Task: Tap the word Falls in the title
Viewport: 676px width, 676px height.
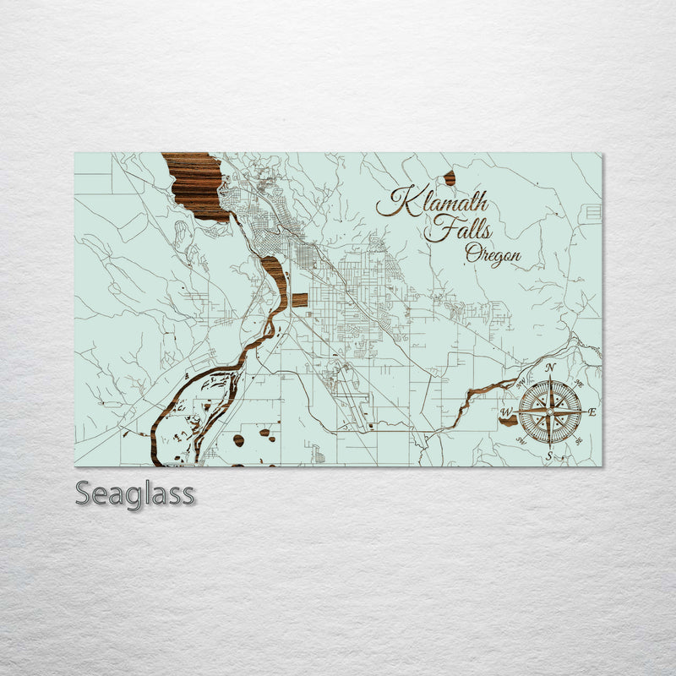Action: click(x=457, y=228)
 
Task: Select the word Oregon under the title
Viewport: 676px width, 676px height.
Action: click(x=492, y=253)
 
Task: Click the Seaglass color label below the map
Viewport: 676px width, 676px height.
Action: click(x=134, y=493)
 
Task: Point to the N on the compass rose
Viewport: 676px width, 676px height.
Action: click(x=550, y=368)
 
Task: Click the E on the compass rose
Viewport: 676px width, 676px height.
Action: click(x=591, y=412)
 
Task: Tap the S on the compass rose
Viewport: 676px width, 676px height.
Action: click(x=549, y=456)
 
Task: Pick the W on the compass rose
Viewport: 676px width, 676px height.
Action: click(x=506, y=412)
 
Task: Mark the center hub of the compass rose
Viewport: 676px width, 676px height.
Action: click(x=549, y=412)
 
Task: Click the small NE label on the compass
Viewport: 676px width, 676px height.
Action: click(x=578, y=383)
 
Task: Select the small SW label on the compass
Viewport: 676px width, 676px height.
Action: click(x=521, y=440)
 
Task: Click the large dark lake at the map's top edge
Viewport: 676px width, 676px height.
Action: click(x=197, y=182)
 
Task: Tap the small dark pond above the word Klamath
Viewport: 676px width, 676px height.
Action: click(x=450, y=177)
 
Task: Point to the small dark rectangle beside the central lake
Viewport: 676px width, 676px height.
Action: click(x=300, y=300)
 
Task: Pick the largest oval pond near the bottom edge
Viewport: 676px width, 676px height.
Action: click(x=239, y=440)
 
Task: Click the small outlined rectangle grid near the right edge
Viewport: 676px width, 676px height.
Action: click(x=593, y=212)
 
